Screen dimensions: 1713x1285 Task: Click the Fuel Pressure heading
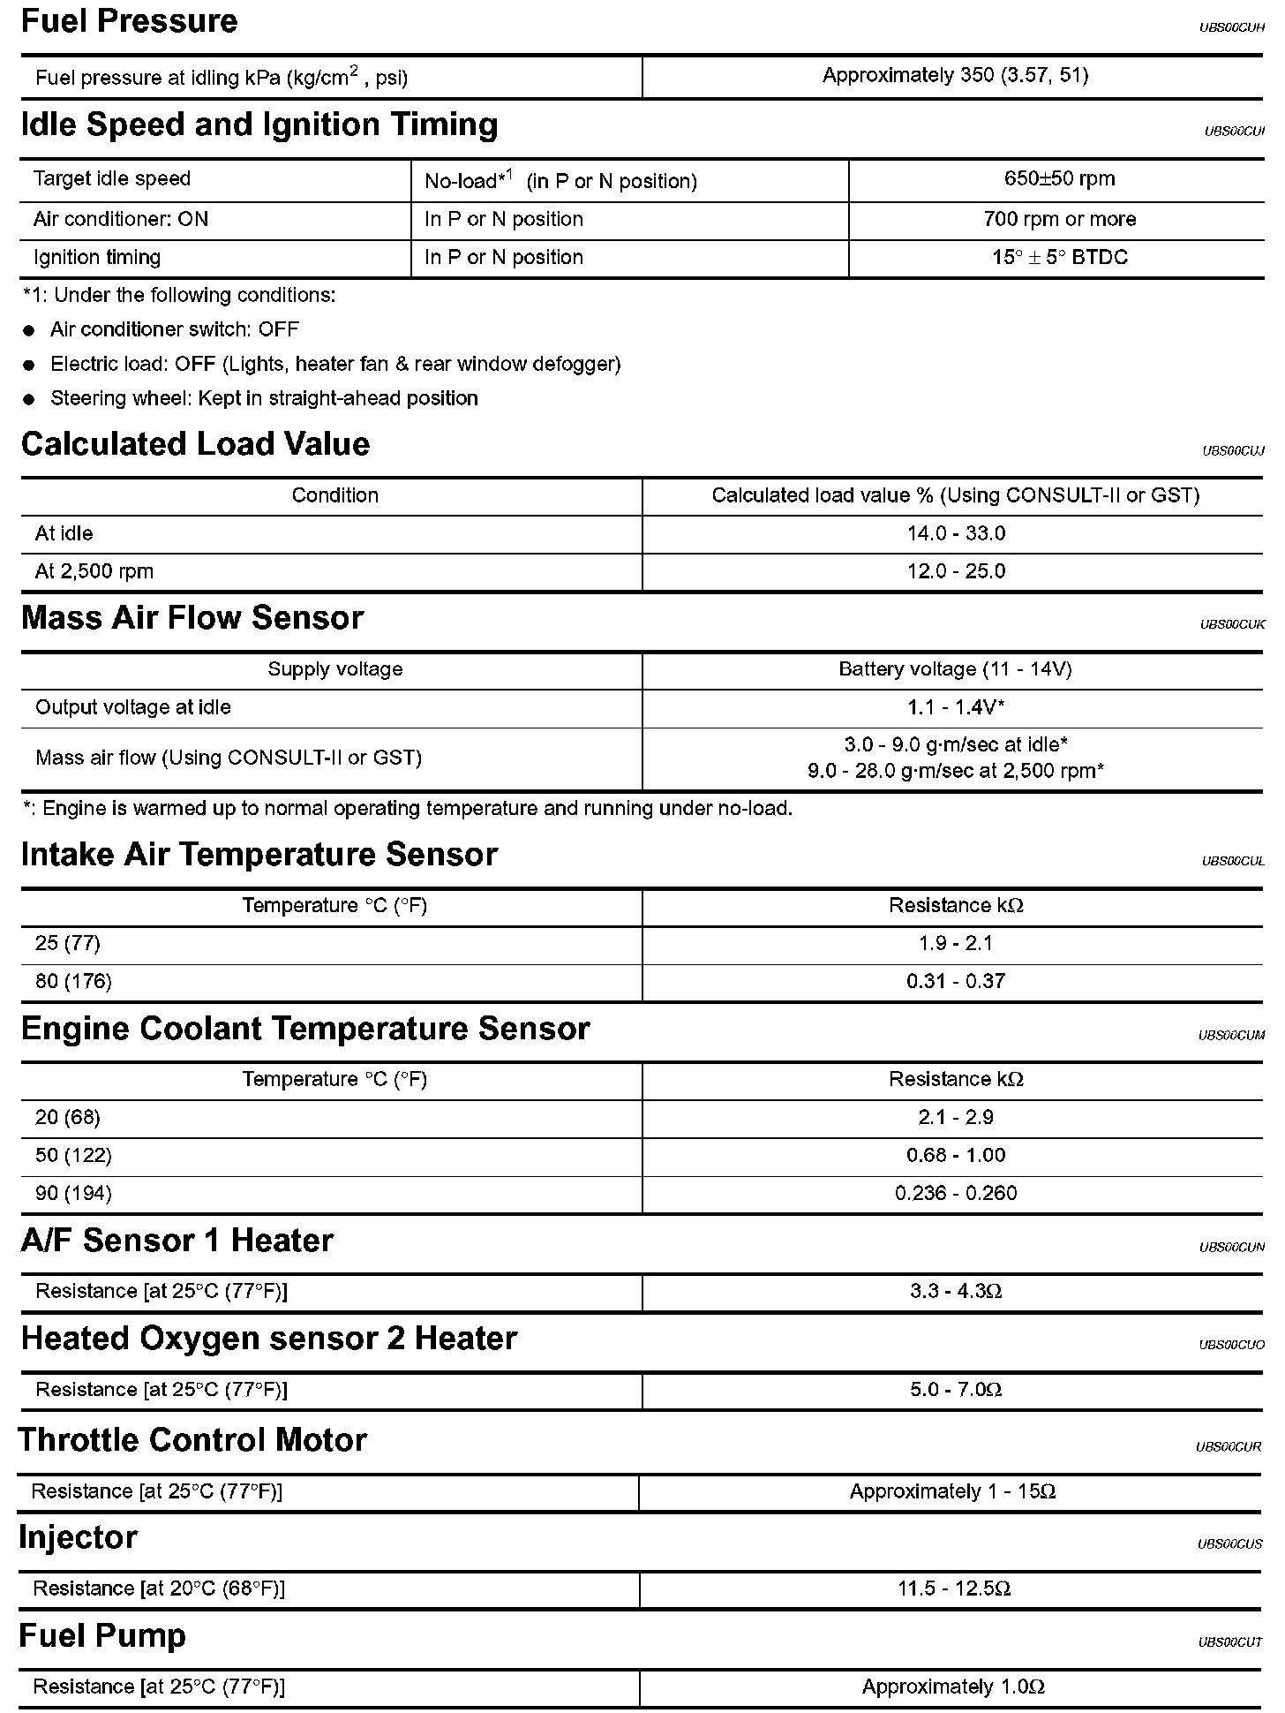pos(129,21)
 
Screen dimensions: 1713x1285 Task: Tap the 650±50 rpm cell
pos(1059,179)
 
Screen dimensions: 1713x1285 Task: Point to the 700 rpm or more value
pos(1059,219)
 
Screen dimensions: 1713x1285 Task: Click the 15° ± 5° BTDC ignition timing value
pos(1059,258)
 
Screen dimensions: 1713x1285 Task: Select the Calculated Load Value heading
pos(195,444)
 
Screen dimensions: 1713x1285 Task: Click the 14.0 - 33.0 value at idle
pos(956,533)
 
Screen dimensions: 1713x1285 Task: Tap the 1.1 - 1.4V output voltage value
pos(956,707)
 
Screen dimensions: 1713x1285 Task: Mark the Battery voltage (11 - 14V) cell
pos(955,669)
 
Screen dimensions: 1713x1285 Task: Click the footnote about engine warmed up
pos(408,809)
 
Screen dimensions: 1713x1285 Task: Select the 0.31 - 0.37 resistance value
pos(956,981)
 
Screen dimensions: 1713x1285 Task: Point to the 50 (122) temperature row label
pos(73,1155)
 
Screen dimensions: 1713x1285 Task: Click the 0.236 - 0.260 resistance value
pos(956,1194)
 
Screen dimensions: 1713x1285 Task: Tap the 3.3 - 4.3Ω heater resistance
pos(956,1292)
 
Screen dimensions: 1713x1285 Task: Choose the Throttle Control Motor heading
pos(192,1440)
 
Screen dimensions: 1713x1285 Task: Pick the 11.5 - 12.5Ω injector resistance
pos(954,1589)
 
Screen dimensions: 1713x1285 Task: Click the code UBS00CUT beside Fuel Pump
pos(1230,1643)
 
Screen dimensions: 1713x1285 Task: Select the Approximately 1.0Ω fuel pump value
pos(953,1687)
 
